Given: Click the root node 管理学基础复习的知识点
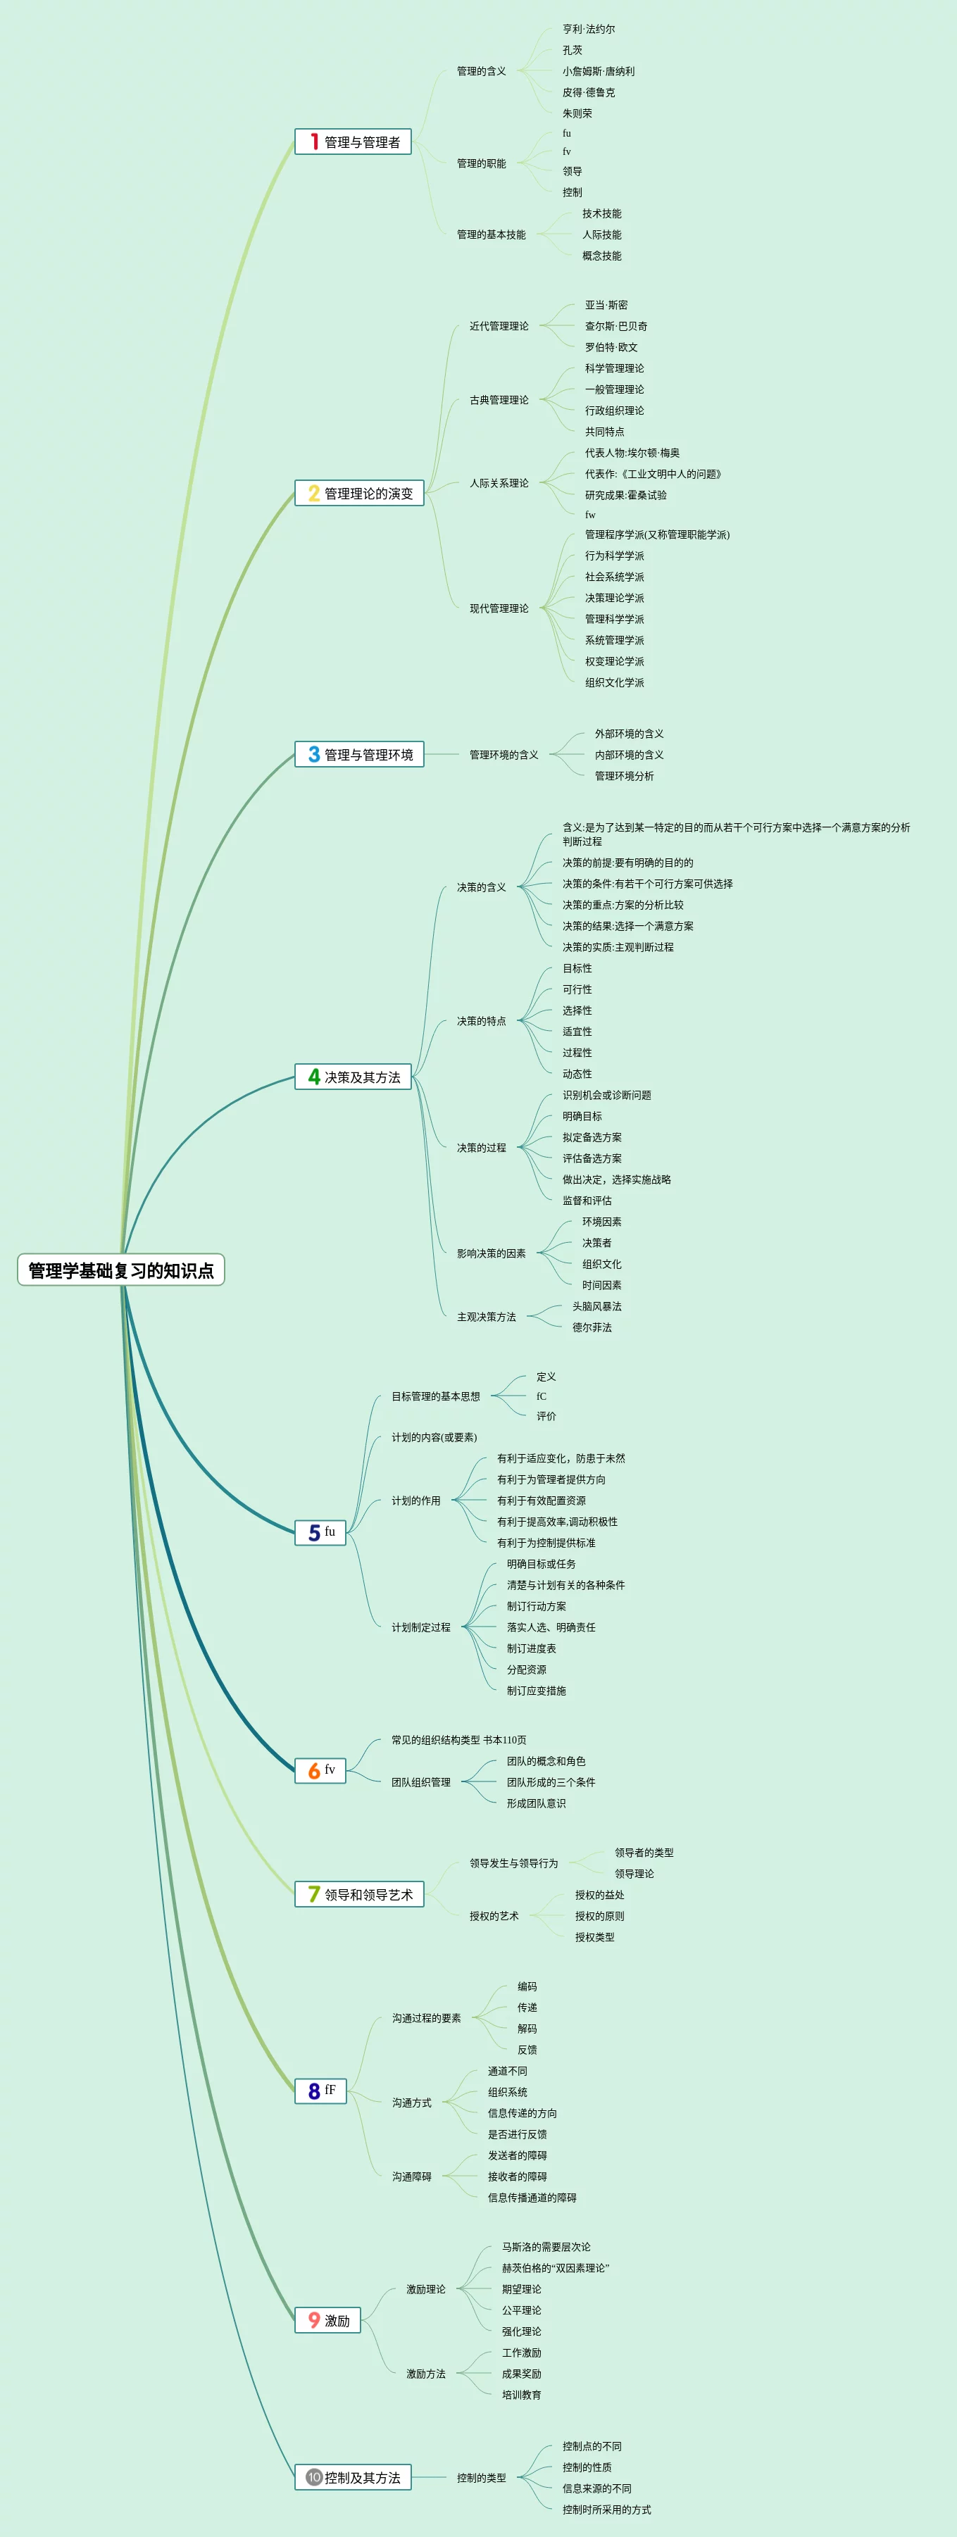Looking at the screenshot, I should [x=121, y=1270].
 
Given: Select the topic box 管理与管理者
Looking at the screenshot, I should [x=354, y=142].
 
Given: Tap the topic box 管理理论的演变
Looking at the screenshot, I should [x=359, y=494].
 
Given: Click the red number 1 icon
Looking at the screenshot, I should [x=314, y=142].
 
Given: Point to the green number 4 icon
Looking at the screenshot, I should [x=314, y=1077].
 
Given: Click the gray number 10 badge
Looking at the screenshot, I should [x=314, y=2477].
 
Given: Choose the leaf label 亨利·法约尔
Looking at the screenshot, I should [x=589, y=30].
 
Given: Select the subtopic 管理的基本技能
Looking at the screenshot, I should [x=492, y=234].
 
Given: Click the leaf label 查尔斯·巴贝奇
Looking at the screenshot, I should [x=616, y=326].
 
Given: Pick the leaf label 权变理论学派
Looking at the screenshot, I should [x=614, y=662].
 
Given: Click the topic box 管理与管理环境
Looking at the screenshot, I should [x=359, y=754].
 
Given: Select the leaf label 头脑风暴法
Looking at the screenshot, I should [x=596, y=1306].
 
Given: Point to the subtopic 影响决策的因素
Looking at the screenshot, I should [x=492, y=1254].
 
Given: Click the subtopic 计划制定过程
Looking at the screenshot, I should [x=421, y=1627].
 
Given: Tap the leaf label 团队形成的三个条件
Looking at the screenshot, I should [x=551, y=1781].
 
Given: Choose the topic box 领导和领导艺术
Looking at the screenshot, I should [x=359, y=1894].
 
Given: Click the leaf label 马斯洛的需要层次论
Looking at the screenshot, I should [x=546, y=2246].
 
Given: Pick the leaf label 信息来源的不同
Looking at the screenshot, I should [x=596, y=2488].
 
